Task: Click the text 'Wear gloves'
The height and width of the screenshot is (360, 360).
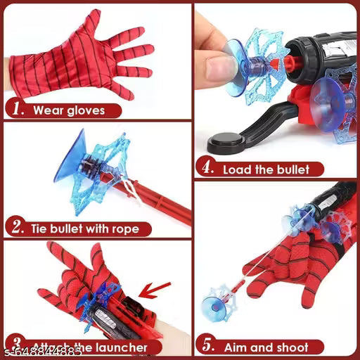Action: tap(69, 110)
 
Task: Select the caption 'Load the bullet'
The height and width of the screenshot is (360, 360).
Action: tap(266, 169)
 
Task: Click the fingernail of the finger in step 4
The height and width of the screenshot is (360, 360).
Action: tap(224, 66)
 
